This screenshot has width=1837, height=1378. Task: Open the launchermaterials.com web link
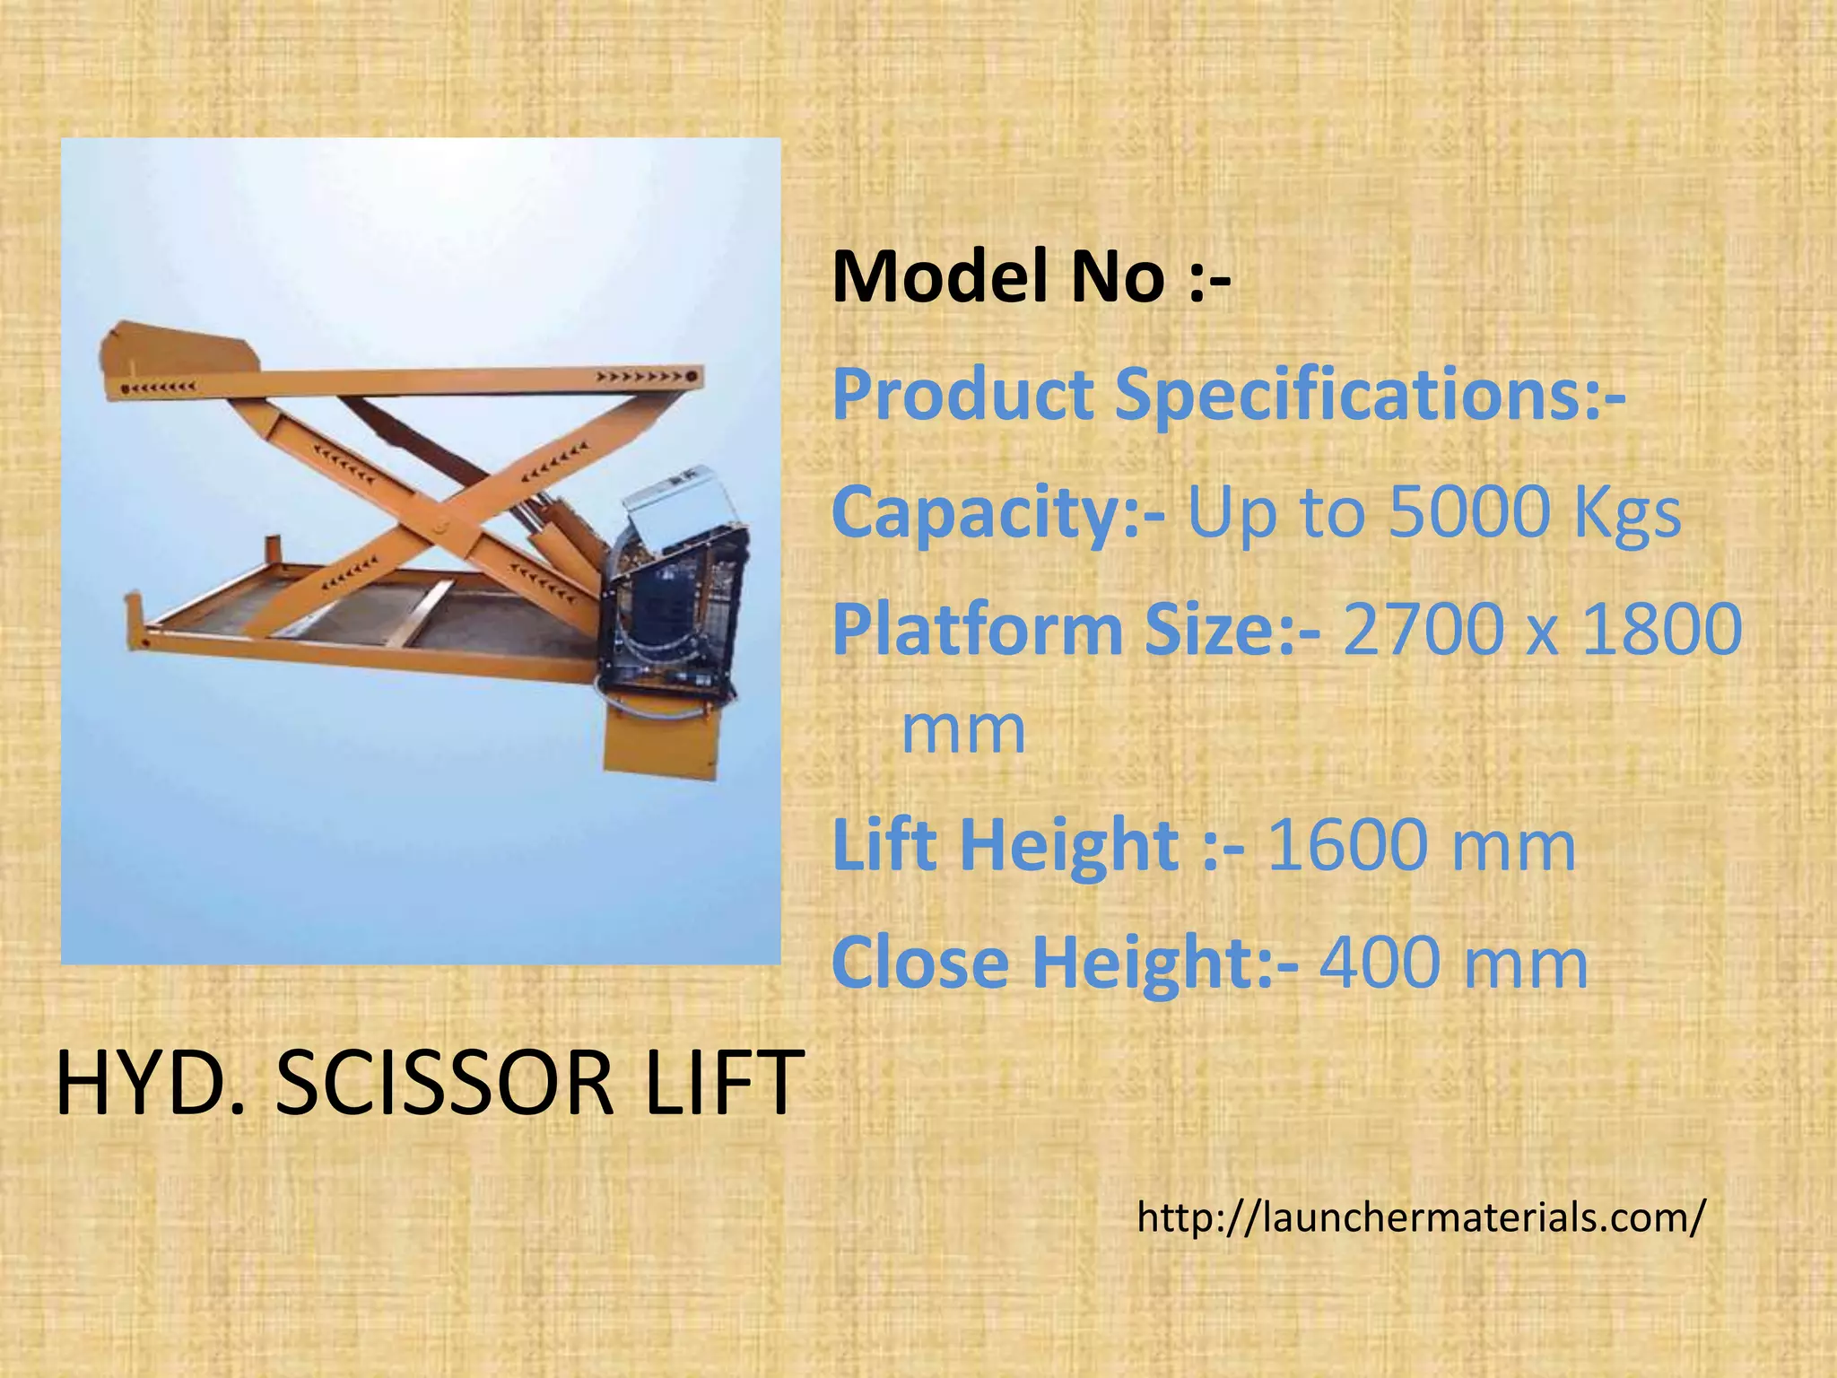(1420, 1217)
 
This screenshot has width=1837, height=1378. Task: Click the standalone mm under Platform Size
(962, 731)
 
